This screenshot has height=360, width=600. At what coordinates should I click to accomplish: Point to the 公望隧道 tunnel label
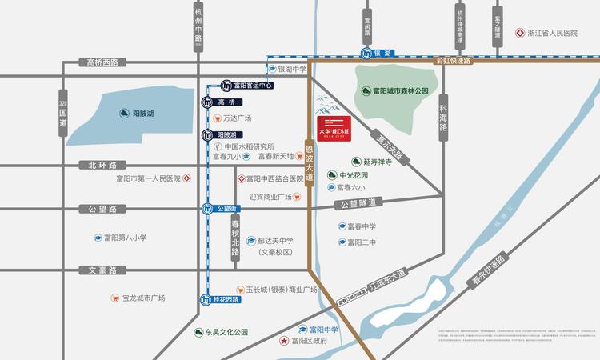pyautogui.click(x=355, y=205)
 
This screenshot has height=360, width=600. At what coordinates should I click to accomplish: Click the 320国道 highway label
pyautogui.click(x=63, y=116)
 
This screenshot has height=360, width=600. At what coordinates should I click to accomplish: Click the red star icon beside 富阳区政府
pyautogui.click(x=283, y=342)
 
